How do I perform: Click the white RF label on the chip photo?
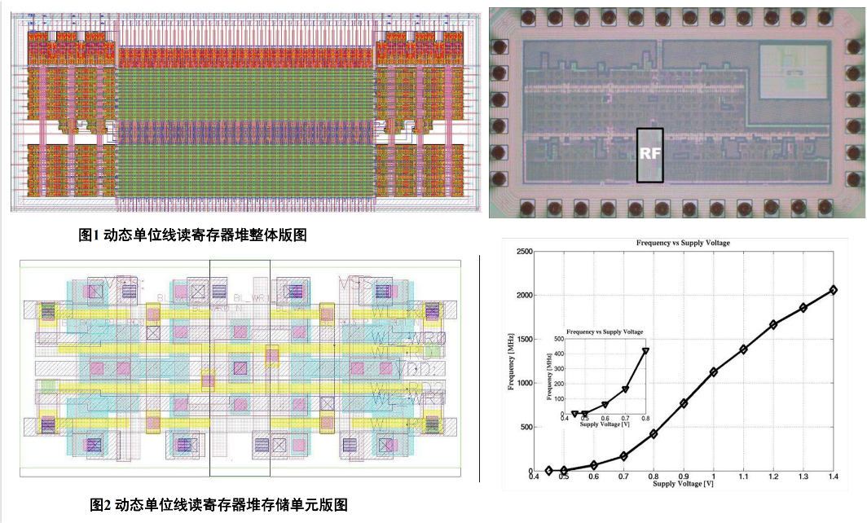tap(650, 154)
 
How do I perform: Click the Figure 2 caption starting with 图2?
tap(218, 504)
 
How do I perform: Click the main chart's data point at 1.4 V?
tap(833, 290)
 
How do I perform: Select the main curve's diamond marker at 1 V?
tap(714, 372)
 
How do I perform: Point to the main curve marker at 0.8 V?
tap(654, 433)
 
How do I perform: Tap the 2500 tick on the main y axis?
tap(520, 252)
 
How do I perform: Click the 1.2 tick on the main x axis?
tap(773, 477)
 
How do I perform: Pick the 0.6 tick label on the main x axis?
tap(593, 477)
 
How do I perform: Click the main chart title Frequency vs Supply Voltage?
tap(683, 244)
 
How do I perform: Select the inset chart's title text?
tap(605, 332)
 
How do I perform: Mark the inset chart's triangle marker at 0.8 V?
tap(645, 351)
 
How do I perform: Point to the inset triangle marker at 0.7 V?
tap(625, 389)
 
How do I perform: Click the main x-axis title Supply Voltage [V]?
tap(683, 484)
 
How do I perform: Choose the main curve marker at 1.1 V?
tap(743, 349)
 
